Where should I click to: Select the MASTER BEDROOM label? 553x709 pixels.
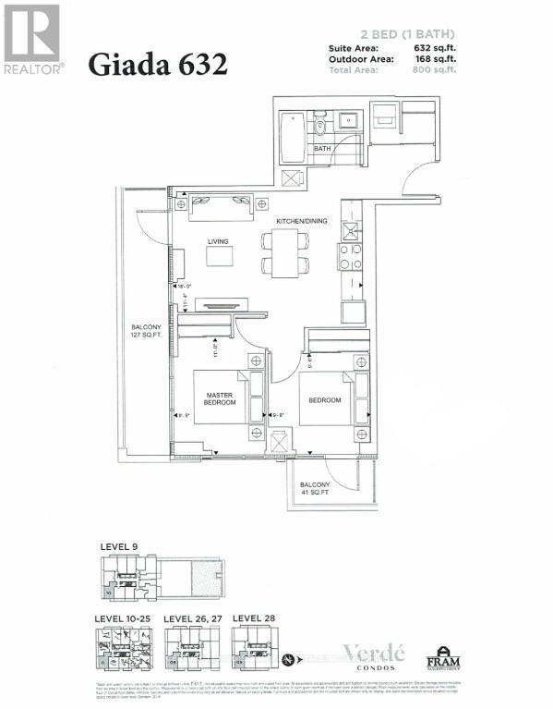click(220, 398)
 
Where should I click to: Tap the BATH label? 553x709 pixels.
click(322, 148)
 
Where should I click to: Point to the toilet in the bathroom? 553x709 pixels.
click(321, 124)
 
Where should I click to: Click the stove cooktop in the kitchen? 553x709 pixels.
click(351, 255)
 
